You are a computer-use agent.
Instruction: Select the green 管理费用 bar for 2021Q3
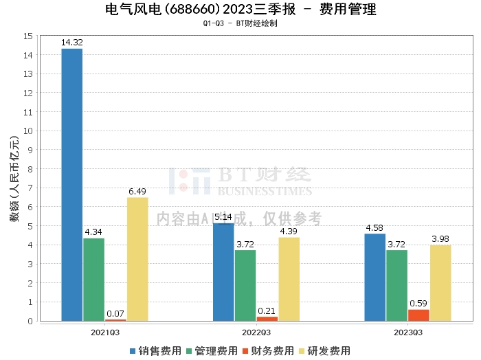point(93,279)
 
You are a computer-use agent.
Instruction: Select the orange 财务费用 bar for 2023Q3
point(418,315)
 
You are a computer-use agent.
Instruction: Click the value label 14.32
point(71,43)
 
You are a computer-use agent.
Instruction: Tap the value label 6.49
point(137,192)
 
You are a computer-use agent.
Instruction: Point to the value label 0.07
point(115,314)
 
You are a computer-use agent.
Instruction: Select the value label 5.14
point(223,217)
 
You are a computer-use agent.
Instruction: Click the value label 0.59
point(418,304)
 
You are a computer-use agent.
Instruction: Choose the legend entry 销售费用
point(155,350)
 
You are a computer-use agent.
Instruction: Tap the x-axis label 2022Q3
point(256,331)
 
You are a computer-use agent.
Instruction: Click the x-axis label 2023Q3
point(407,331)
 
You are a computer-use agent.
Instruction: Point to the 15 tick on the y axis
point(28,36)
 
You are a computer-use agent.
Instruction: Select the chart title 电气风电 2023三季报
point(240,10)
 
